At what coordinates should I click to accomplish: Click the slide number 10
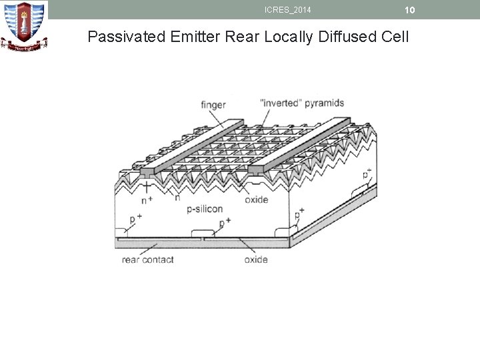click(x=409, y=9)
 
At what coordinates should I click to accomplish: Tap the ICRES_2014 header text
click(x=287, y=9)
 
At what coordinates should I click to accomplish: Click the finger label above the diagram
click(x=213, y=105)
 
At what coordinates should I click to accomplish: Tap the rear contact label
click(x=147, y=259)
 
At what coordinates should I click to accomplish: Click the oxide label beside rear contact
click(x=256, y=259)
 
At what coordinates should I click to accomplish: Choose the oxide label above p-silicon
click(x=256, y=199)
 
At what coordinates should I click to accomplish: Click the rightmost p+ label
click(x=367, y=175)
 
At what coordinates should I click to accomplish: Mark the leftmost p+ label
click(x=135, y=218)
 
